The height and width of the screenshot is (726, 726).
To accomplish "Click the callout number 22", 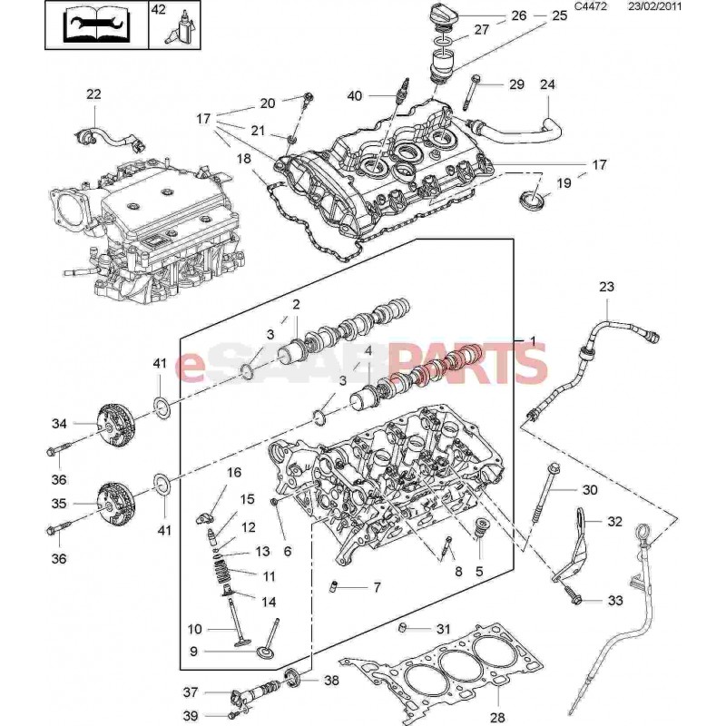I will click(94, 94).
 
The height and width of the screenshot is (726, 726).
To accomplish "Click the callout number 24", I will click(547, 84).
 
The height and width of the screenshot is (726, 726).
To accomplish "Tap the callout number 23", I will click(607, 287).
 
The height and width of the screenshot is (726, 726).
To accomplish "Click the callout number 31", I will click(443, 629).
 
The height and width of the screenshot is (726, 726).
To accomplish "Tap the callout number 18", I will click(244, 159).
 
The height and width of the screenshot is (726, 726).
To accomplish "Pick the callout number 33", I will click(590, 601).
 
